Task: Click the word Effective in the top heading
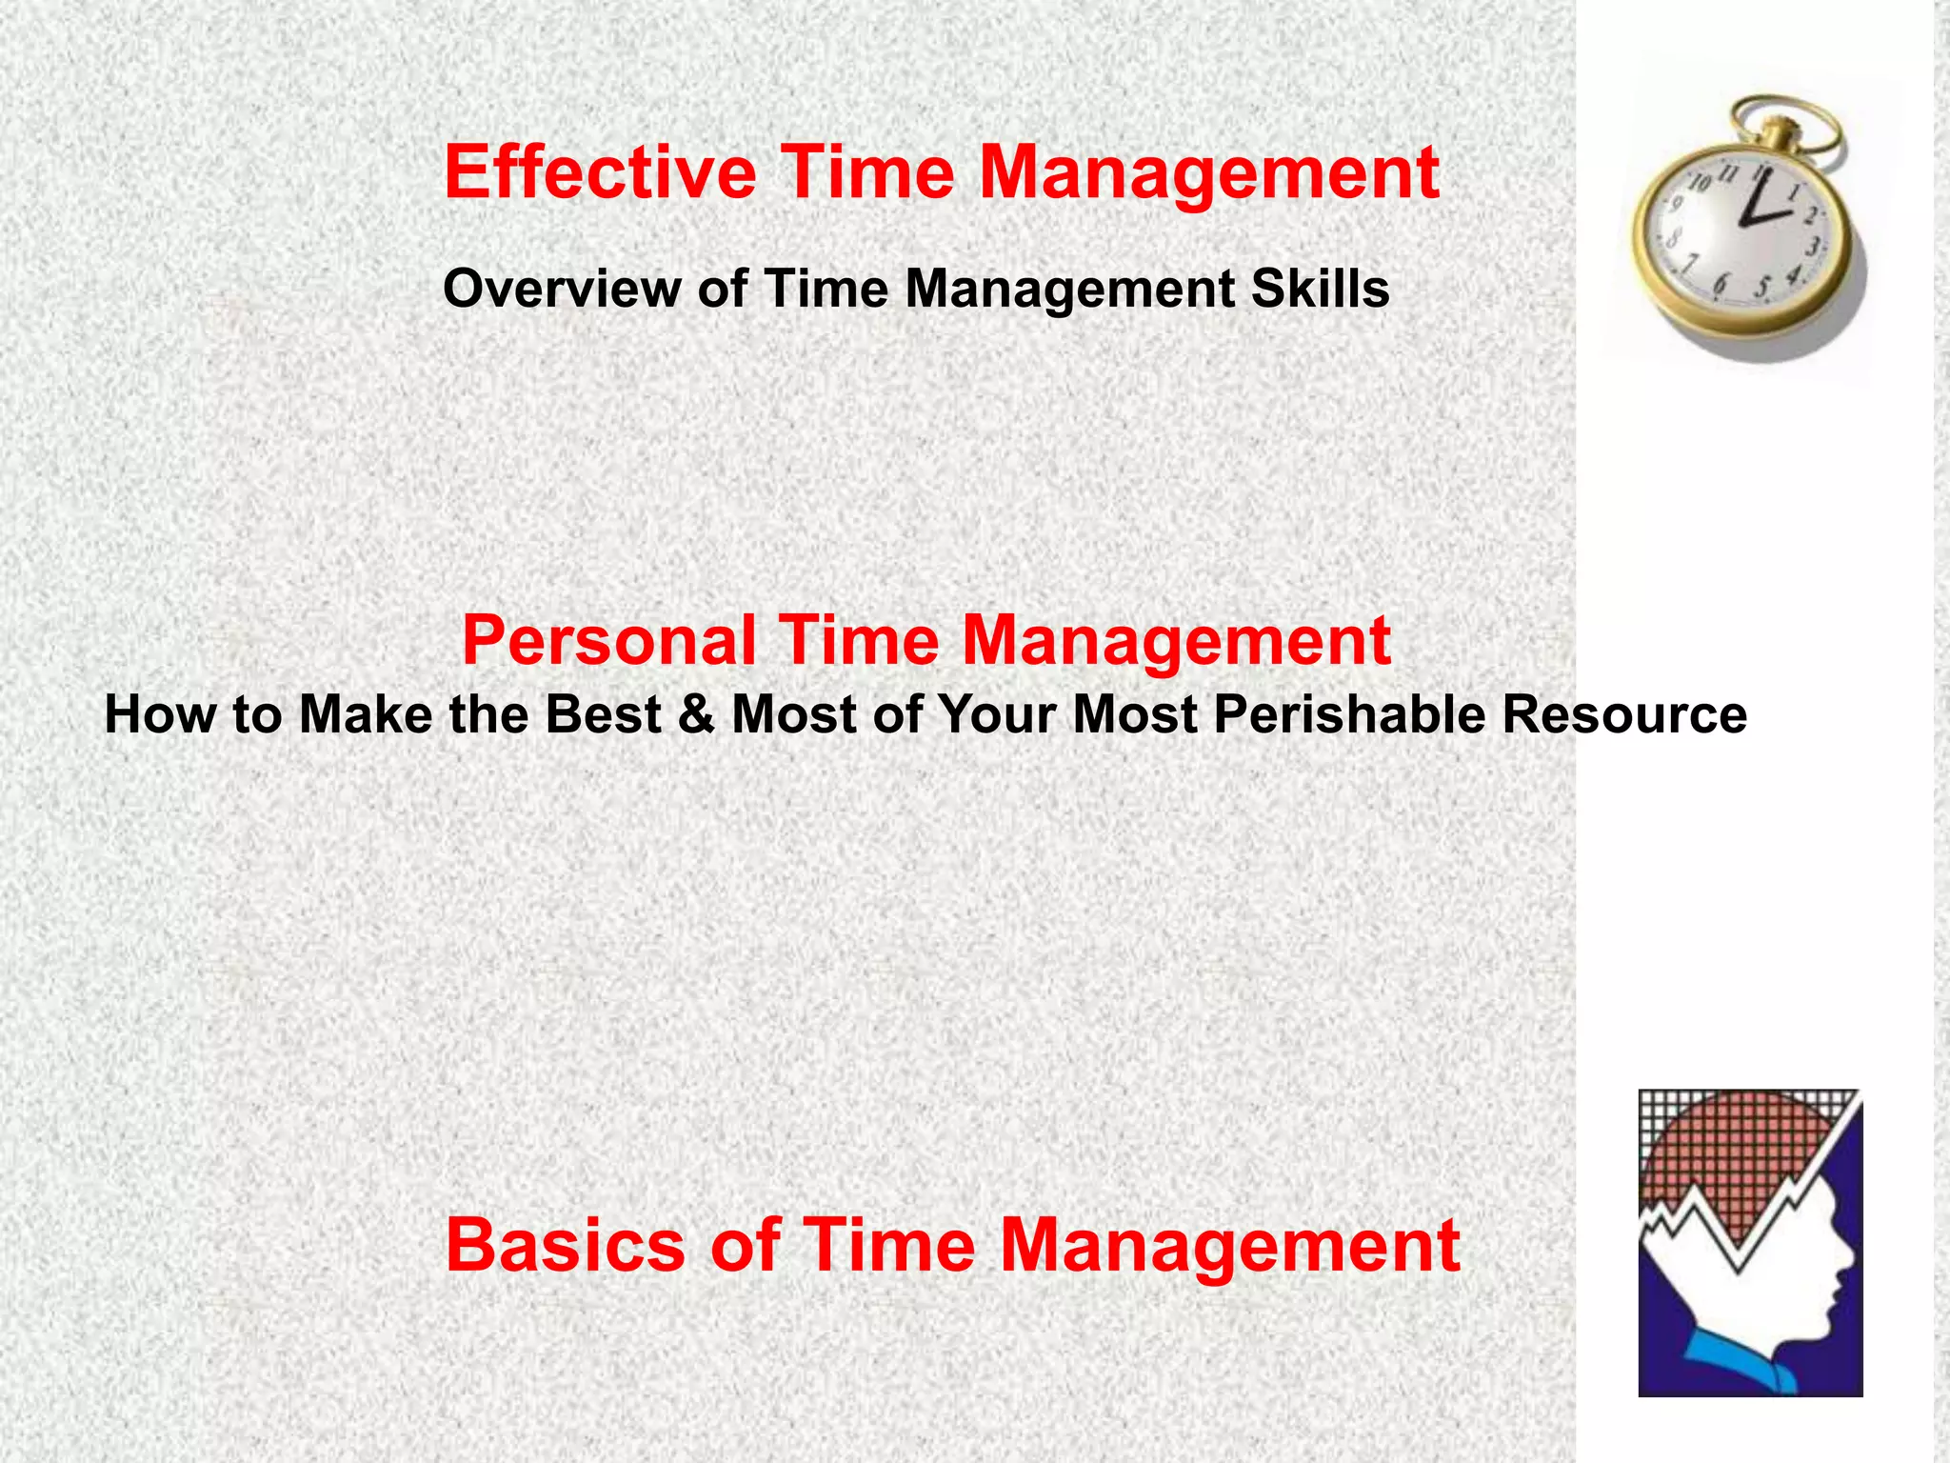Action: pyautogui.click(x=600, y=172)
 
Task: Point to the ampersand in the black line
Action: pyautogui.click(x=696, y=714)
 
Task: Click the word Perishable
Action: pyautogui.click(x=1349, y=714)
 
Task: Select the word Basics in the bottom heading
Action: pyautogui.click(x=566, y=1245)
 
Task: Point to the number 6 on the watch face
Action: pyautogui.click(x=1721, y=283)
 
